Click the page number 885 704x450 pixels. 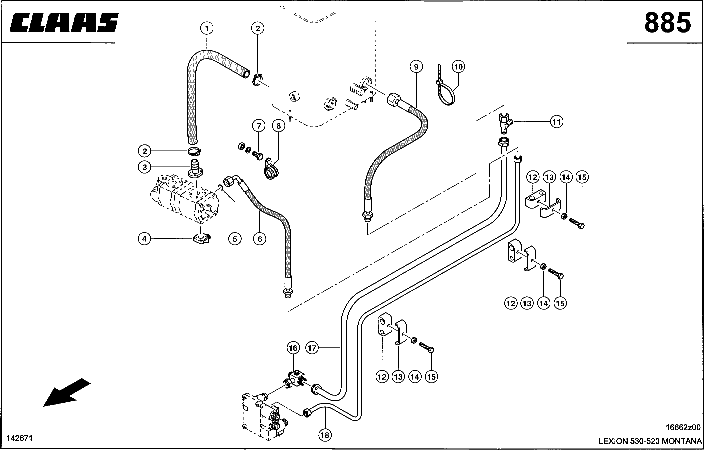coord(668,22)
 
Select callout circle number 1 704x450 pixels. coord(207,28)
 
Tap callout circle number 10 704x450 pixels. coord(458,67)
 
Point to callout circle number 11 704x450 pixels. coord(556,121)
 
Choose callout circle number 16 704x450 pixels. coord(293,348)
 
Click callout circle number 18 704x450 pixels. coord(325,435)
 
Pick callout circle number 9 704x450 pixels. coord(416,66)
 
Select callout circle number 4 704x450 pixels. coord(144,239)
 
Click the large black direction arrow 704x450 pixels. coord(67,392)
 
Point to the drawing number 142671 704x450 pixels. coord(19,438)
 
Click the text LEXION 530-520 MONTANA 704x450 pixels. coord(650,441)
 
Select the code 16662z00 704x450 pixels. coord(683,427)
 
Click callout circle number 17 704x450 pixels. coord(313,348)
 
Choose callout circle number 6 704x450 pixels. coord(260,239)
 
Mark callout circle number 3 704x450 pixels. coord(144,167)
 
